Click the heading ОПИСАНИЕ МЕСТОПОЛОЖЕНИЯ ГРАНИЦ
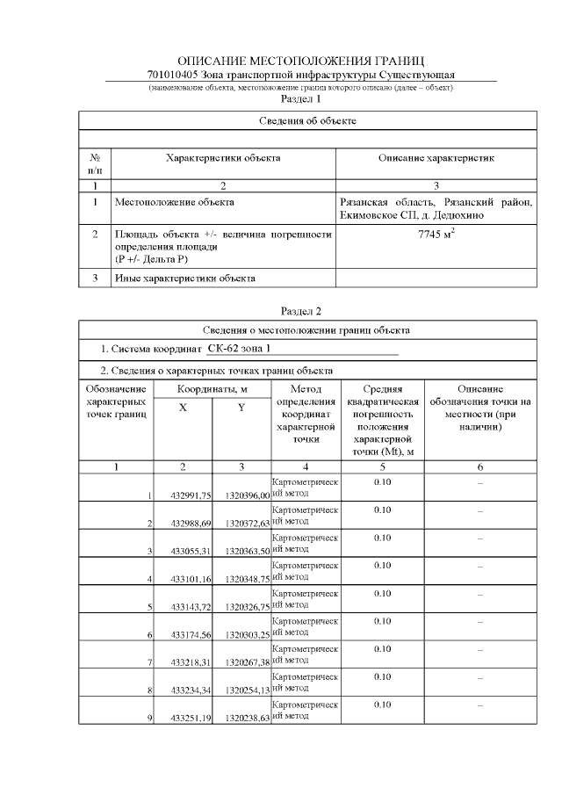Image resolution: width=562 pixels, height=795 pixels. tap(300, 61)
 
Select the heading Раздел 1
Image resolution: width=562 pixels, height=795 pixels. tap(300, 99)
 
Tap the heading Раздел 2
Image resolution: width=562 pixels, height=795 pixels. tap(300, 311)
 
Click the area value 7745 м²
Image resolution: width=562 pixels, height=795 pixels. tap(436, 235)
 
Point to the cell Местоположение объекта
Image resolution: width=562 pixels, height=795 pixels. tap(175, 202)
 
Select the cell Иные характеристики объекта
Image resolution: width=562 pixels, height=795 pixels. tap(185, 278)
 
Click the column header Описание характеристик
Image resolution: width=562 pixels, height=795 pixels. tap(436, 158)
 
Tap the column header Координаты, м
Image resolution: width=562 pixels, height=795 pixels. tap(212, 389)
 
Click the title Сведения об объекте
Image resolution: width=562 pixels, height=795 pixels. tap(307, 119)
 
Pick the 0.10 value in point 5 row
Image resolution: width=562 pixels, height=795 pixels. tap(382, 593)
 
